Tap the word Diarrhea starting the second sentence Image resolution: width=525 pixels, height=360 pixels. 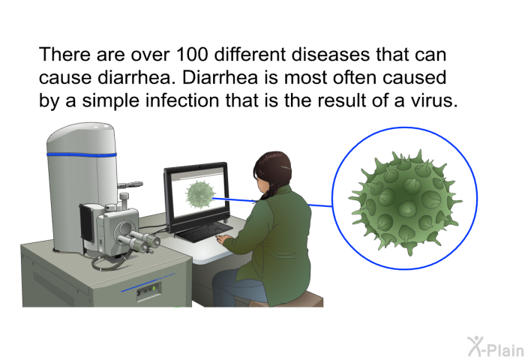(x=220, y=78)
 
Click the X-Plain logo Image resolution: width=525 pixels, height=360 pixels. (x=496, y=346)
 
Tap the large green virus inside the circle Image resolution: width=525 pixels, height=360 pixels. (x=405, y=202)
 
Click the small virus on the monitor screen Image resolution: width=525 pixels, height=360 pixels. (x=200, y=195)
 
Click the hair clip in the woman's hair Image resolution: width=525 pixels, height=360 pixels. (x=286, y=167)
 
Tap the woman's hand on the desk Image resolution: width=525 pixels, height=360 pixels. (x=222, y=239)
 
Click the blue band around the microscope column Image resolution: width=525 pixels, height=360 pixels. (x=81, y=155)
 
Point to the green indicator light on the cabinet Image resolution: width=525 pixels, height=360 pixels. (x=154, y=288)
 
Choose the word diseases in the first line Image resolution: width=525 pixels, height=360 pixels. (x=331, y=55)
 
